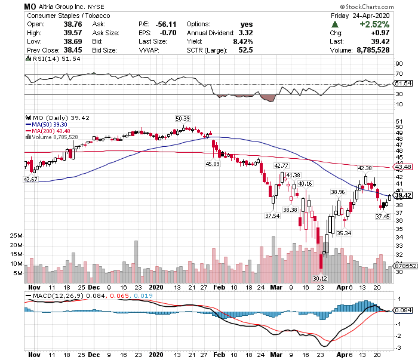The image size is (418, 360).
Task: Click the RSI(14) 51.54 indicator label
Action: (51, 60)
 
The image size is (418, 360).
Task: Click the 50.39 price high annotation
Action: (182, 118)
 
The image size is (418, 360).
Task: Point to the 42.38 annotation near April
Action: (364, 168)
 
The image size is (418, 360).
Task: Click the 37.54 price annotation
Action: (273, 216)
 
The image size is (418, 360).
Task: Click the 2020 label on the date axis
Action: (155, 287)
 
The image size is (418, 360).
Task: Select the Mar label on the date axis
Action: (275, 287)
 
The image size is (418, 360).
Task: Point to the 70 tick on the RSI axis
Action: (398, 74)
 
